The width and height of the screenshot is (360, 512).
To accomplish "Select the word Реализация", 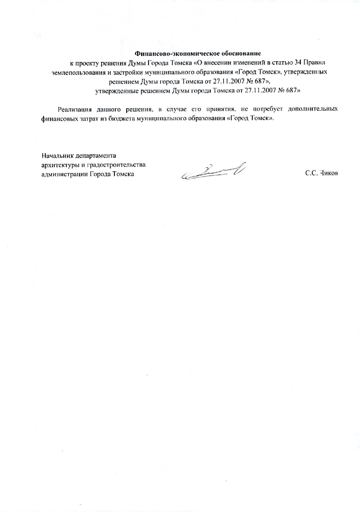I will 75,110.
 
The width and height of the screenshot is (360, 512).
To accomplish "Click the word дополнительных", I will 313,110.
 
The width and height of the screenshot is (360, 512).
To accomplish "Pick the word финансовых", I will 59,119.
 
